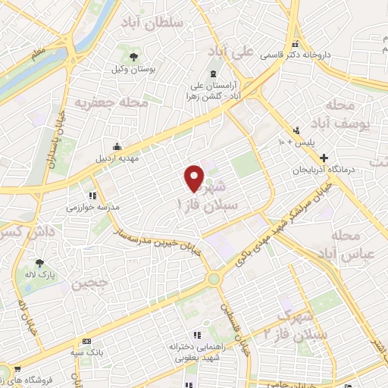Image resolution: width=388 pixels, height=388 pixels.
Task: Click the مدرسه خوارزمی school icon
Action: (92, 195)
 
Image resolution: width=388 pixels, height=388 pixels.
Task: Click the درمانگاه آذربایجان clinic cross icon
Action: (324, 158)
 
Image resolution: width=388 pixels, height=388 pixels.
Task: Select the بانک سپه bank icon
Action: (86, 342)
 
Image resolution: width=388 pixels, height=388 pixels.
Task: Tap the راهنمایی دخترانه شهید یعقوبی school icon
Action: (195, 334)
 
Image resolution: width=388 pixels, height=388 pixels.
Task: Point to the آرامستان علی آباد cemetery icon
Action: (212, 74)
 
